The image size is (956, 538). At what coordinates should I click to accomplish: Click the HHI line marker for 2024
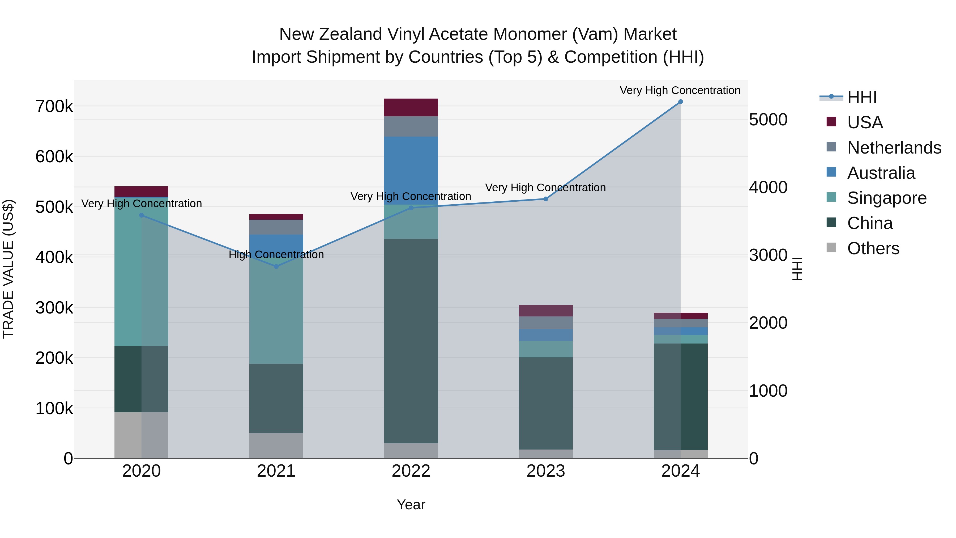[x=680, y=102]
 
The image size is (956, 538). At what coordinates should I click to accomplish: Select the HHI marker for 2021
[x=276, y=266]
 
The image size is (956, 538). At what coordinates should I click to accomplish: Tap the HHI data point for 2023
[x=545, y=199]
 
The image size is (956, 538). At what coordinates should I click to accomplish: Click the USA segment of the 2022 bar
[x=411, y=108]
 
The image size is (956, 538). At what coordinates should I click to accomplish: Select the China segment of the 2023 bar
[x=545, y=403]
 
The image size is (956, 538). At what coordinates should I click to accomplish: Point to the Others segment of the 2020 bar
[x=141, y=435]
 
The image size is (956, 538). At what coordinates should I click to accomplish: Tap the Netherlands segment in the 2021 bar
[x=276, y=227]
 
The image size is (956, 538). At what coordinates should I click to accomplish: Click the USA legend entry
[x=865, y=122]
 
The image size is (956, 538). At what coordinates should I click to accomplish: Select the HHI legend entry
[x=862, y=97]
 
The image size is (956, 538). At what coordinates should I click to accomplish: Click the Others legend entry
[x=873, y=248]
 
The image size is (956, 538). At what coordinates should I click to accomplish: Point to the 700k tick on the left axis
[x=54, y=107]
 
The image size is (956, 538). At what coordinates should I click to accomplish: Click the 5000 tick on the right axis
[x=768, y=120]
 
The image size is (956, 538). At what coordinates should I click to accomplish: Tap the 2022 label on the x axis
[x=411, y=471]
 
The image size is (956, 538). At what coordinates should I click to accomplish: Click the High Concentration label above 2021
[x=276, y=255]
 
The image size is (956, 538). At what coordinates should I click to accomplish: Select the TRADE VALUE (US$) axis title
[x=8, y=269]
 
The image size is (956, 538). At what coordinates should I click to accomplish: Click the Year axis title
[x=411, y=505]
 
